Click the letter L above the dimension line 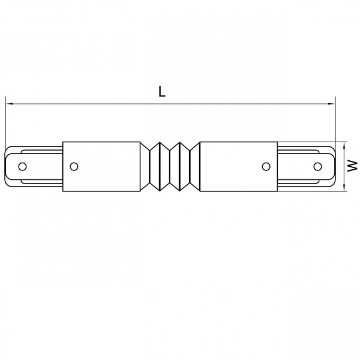tap(161, 91)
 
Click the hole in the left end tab tap(23, 166)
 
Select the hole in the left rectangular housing tap(74, 166)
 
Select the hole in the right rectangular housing tap(266, 166)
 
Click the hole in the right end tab tap(317, 166)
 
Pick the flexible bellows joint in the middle tap(170, 166)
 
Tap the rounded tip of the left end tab tap(8, 166)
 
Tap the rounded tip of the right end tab tap(332, 166)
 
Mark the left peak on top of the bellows tap(160, 142)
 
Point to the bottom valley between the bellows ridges tap(170, 183)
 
